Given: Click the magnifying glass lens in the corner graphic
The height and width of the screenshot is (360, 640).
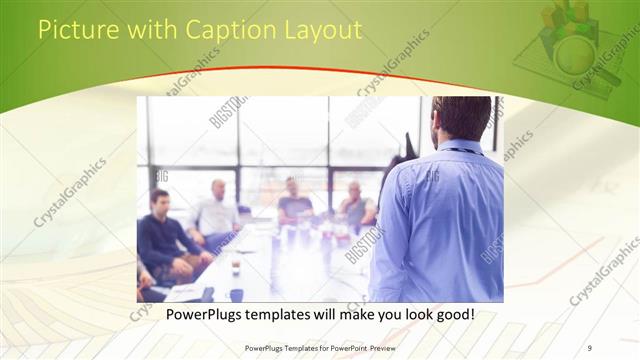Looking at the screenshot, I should tap(574, 54).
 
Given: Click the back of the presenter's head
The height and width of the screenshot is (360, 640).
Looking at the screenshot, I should tap(461, 116).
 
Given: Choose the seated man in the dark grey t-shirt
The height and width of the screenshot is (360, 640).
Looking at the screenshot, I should tap(295, 205).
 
